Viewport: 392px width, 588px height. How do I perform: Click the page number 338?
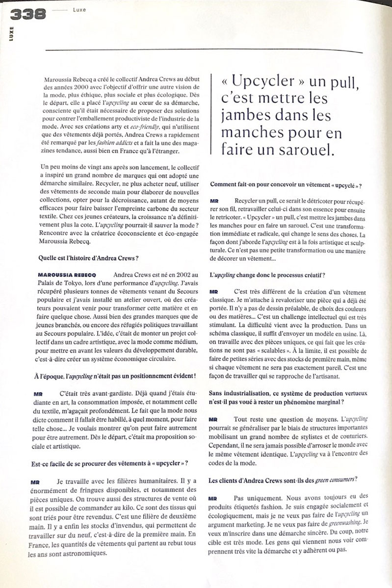(x=27, y=15)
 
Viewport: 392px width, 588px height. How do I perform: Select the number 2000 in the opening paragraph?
(x=86, y=86)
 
